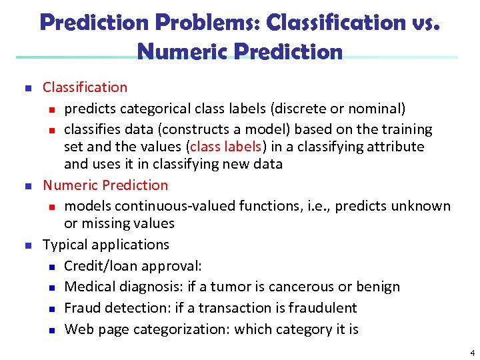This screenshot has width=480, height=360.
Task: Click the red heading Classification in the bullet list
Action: pyautogui.click(x=85, y=87)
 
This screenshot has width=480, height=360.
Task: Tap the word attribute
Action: pyautogui.click(x=394, y=147)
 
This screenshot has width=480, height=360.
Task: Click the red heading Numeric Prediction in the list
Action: pyautogui.click(x=105, y=185)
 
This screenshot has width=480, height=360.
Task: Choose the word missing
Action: pyautogui.click(x=105, y=223)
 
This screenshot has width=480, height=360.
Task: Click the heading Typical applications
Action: pyautogui.click(x=106, y=245)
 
